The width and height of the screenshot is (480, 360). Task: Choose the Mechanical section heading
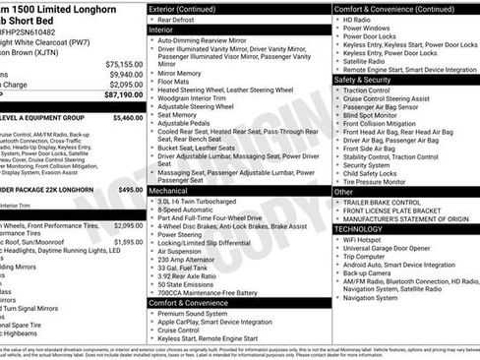click(175, 189)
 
